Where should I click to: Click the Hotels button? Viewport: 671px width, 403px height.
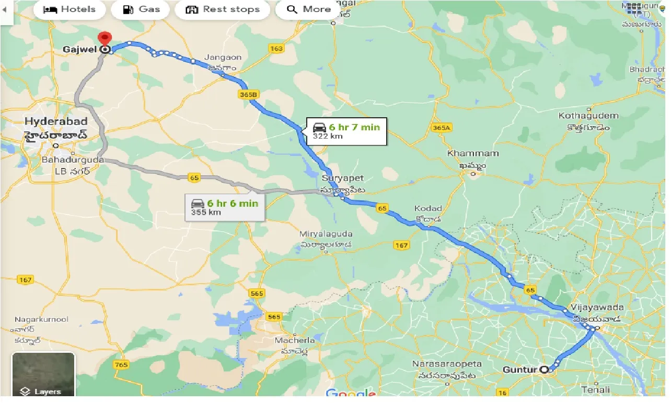(x=69, y=9)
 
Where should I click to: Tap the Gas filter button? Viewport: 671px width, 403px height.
(x=141, y=9)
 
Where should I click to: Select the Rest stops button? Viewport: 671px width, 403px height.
(x=222, y=9)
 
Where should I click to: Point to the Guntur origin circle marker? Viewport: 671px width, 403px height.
(x=545, y=370)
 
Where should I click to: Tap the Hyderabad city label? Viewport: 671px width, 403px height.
(x=56, y=122)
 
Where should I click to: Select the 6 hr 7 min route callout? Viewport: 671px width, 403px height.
(x=346, y=131)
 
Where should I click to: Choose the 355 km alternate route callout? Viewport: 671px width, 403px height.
(x=225, y=207)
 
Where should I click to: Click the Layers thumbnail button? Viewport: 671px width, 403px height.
(x=43, y=375)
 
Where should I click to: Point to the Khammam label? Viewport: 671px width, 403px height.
(x=472, y=153)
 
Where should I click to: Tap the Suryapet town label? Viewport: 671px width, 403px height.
(x=342, y=178)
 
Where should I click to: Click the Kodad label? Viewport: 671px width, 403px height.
(x=428, y=208)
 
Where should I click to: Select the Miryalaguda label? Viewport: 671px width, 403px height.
(x=326, y=234)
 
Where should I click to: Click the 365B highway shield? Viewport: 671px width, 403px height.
(x=248, y=95)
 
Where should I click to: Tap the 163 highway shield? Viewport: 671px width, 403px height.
(x=276, y=49)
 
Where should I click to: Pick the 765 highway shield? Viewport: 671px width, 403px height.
(x=121, y=364)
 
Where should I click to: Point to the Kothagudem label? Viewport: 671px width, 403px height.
(x=588, y=116)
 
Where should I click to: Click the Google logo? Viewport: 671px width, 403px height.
(x=350, y=394)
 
